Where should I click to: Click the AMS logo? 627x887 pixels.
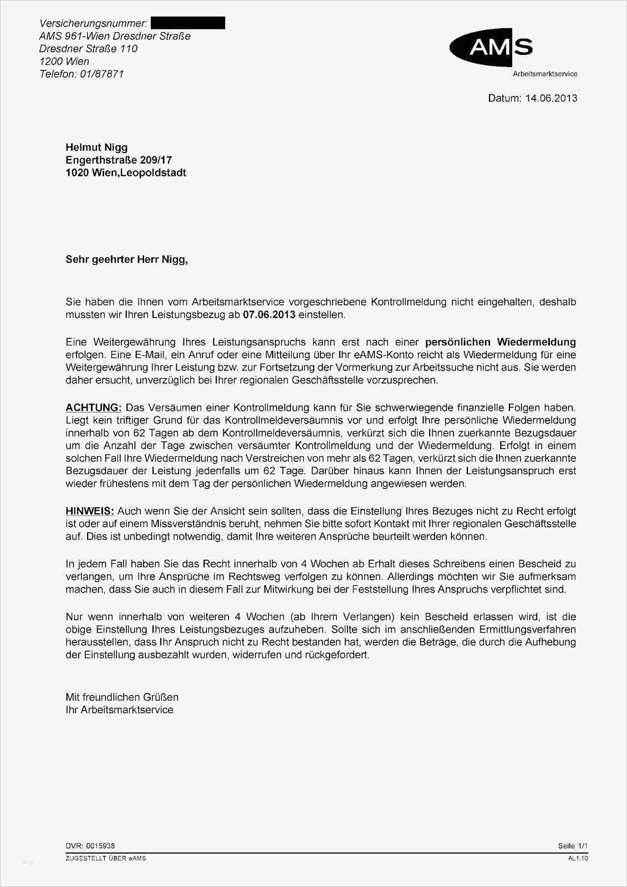coord(491,48)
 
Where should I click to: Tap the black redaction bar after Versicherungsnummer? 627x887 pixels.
coord(188,23)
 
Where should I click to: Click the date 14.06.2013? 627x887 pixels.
coord(551,98)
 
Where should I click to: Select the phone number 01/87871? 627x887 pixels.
coord(101,74)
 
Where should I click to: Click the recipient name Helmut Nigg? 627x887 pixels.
coord(96,147)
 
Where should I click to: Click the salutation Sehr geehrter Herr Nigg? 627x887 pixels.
coord(126,259)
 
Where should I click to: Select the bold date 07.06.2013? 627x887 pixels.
coord(269,315)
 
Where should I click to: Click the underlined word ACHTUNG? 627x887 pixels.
coord(93,407)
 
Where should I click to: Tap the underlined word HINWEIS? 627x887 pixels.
coord(89,511)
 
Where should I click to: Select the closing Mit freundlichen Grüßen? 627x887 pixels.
coord(122,697)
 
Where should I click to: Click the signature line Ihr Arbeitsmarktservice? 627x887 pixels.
coord(119,710)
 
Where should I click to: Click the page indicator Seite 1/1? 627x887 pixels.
coord(573,846)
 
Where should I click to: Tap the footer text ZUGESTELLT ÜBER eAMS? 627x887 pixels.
coord(105,858)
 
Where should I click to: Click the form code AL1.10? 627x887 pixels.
coord(578,858)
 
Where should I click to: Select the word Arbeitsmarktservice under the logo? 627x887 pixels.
coord(545,74)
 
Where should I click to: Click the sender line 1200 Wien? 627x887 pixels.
coord(64,61)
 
